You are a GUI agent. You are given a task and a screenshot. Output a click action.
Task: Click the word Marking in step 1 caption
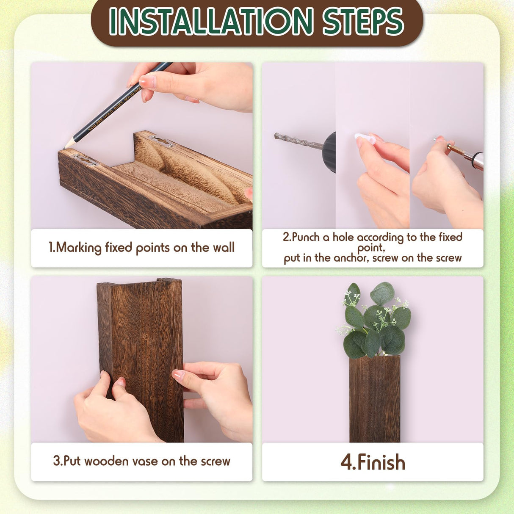(x=79, y=248)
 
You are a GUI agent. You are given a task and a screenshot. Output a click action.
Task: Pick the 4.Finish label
(x=373, y=462)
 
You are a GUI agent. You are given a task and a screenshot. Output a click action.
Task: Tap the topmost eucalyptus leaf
(x=382, y=293)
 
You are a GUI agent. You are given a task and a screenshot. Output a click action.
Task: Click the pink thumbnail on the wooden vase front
(x=178, y=375)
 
